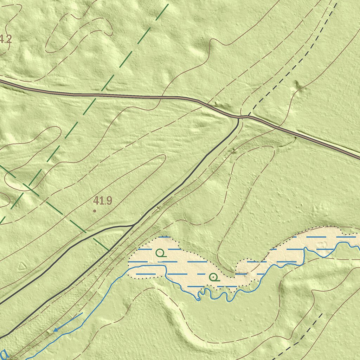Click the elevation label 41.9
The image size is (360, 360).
coord(103,201)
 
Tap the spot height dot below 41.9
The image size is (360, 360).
coord(94,211)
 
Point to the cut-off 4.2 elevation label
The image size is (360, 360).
coord(6,39)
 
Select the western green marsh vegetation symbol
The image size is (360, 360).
coord(160,253)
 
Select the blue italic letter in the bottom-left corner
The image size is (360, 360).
coord(4,353)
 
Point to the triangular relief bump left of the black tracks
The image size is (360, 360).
coord(22,266)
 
